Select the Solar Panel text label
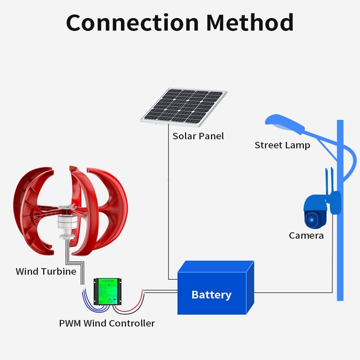(198, 136)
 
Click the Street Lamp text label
(282, 145)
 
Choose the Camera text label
(306, 235)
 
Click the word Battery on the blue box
(211, 294)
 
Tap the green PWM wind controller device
(107, 291)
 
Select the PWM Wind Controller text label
(107, 323)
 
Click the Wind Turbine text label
(46, 271)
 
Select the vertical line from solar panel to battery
(168, 202)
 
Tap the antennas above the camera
(329, 178)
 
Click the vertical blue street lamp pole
(340, 252)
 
